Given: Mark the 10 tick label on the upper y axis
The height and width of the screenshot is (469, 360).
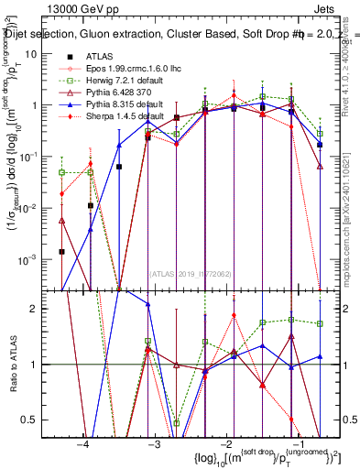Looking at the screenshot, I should click(x=38, y=53).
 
